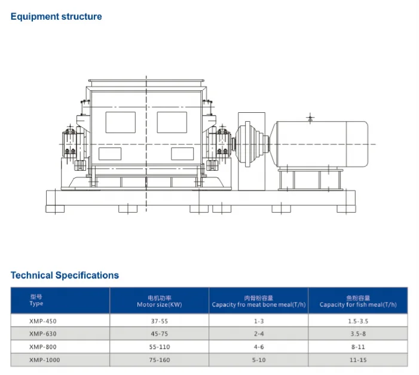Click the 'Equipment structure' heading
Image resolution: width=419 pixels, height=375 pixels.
pyautogui.click(x=56, y=17)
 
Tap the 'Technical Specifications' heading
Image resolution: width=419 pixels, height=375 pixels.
pyautogui.click(x=65, y=275)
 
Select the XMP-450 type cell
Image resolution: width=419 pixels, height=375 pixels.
pyautogui.click(x=43, y=321)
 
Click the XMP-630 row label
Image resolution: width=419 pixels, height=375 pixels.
pyautogui.click(x=43, y=334)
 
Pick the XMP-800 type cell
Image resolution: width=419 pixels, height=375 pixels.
pyautogui.click(x=43, y=347)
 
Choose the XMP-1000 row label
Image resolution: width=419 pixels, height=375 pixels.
pyautogui.click(x=45, y=360)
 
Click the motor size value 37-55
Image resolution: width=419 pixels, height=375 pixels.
pyautogui.click(x=160, y=321)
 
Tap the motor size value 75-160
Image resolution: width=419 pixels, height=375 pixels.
pyautogui.click(x=160, y=360)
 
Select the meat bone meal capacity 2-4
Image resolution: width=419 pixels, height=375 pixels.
pyautogui.click(x=259, y=334)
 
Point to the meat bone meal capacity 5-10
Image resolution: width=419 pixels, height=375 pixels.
pyautogui.click(x=259, y=360)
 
